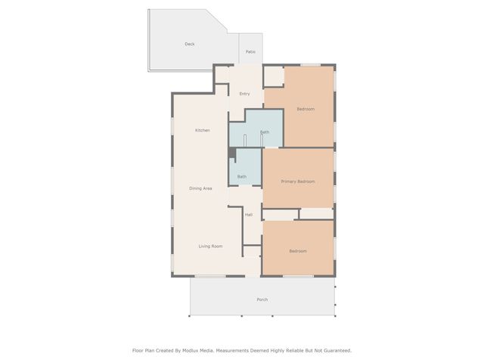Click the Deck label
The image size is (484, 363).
coord(190,44)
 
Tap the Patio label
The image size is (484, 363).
coord(250,51)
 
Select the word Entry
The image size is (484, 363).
coord(244,94)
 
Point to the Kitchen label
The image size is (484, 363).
coord(202,131)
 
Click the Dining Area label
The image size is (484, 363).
coord(200,188)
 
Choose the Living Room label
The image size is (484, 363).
coord(210,247)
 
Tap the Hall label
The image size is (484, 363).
coord(248,215)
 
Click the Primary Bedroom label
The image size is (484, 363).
coord(297,181)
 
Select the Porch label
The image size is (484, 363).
coord(262,299)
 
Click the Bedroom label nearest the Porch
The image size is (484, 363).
coord(298,251)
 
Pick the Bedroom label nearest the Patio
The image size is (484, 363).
coord(305,110)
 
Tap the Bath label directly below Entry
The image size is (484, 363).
coord(264,132)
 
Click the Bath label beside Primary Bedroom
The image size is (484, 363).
coord(241,177)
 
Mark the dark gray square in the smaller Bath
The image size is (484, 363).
coord(232,153)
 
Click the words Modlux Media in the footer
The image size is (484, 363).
coord(197,350)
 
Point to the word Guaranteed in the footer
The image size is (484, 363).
coord(334,350)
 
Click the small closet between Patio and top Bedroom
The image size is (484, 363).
coord(273,76)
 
